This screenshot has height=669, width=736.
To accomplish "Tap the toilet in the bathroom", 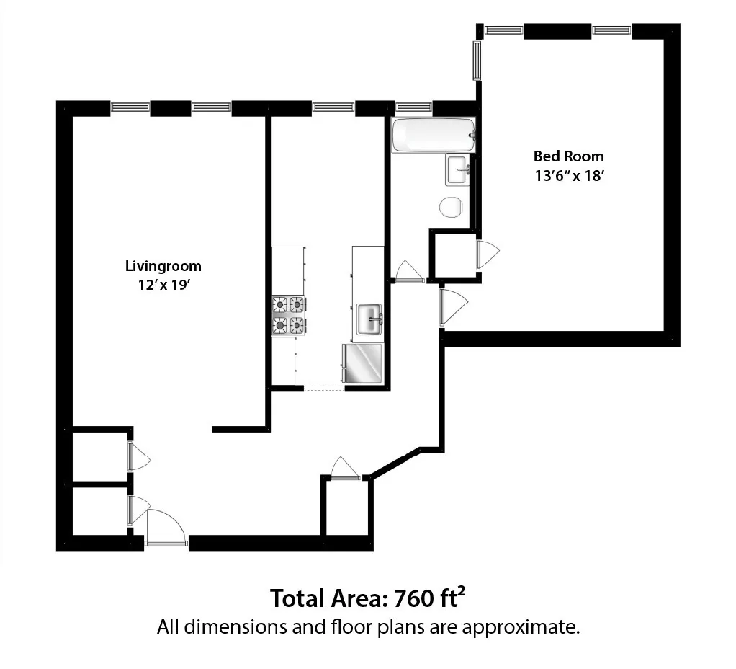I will pos(451,207).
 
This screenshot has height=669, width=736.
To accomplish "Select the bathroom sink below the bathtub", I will pos(457,170).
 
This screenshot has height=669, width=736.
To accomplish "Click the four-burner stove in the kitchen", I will pos(289,316).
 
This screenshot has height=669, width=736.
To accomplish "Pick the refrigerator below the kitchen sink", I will pos(362,364).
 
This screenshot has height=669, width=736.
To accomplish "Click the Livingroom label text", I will pos(163,266).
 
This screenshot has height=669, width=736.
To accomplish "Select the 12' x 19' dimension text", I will pos(163,284).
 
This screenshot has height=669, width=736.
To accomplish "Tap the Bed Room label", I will pos(568,156).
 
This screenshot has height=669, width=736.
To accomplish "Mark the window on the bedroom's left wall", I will pos(476,61).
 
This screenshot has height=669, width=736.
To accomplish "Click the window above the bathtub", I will pos(414,107).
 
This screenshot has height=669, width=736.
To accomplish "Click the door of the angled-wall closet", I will pos(345,469).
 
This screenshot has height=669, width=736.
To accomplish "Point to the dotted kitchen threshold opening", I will pos(324,389).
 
